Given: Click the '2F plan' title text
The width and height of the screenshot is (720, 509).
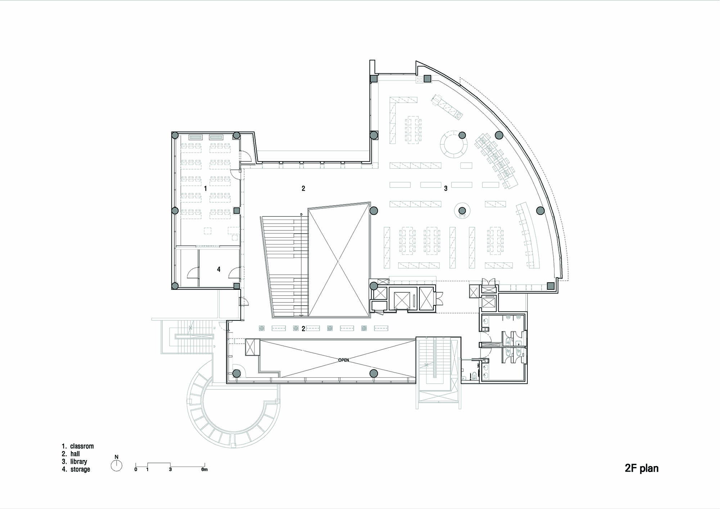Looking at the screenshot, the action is (x=642, y=468).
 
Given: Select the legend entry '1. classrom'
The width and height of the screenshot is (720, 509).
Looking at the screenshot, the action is (x=78, y=446).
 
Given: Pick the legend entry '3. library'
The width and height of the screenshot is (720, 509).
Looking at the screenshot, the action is (x=75, y=461).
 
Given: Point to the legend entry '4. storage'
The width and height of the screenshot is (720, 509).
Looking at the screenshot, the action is (x=76, y=469).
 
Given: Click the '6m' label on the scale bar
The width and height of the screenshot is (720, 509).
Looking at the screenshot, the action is (x=204, y=469).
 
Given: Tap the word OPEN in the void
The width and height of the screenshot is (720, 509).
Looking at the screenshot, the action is (x=343, y=360).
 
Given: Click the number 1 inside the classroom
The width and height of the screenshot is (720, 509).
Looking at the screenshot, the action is (x=206, y=188).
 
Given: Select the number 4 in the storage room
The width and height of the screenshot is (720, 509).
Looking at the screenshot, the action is (x=219, y=269).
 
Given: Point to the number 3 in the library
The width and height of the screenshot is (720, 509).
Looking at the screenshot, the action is (x=446, y=188).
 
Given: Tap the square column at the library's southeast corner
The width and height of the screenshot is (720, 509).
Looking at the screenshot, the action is (x=550, y=286).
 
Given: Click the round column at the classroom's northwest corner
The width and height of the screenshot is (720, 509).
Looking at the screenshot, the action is (x=175, y=136).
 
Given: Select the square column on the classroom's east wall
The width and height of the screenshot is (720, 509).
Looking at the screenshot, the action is (x=237, y=210).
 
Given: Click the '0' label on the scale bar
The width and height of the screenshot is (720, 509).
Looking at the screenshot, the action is (x=136, y=469).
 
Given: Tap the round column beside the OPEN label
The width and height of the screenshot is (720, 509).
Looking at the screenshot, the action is (x=374, y=374).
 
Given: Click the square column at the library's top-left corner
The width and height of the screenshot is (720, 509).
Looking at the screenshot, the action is (x=374, y=78).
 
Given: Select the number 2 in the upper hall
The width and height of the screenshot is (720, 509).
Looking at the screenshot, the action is (x=303, y=188).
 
